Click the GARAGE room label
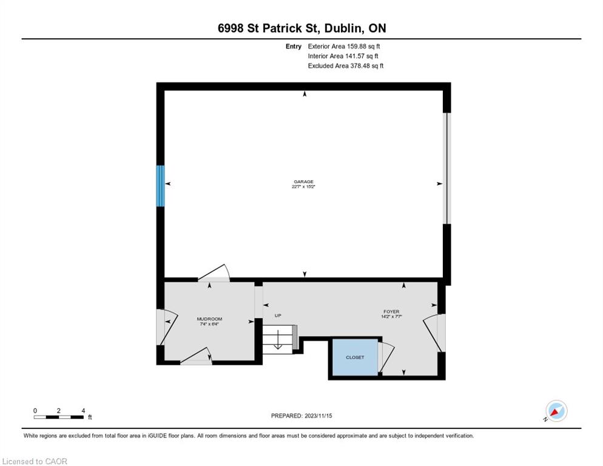(303, 181)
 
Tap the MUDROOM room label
(209, 319)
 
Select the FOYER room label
(391, 312)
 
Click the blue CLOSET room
(355, 357)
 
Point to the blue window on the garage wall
(160, 186)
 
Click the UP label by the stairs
(278, 316)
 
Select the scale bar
(58, 417)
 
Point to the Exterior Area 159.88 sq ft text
(344, 46)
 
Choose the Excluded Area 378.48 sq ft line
(346, 66)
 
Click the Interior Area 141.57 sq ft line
(343, 56)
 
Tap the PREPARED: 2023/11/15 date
(301, 416)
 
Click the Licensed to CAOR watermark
(35, 461)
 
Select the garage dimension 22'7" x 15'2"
(303, 187)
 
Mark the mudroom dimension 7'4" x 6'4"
(209, 324)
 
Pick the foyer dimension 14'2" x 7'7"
(391, 317)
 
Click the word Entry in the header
(294, 46)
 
